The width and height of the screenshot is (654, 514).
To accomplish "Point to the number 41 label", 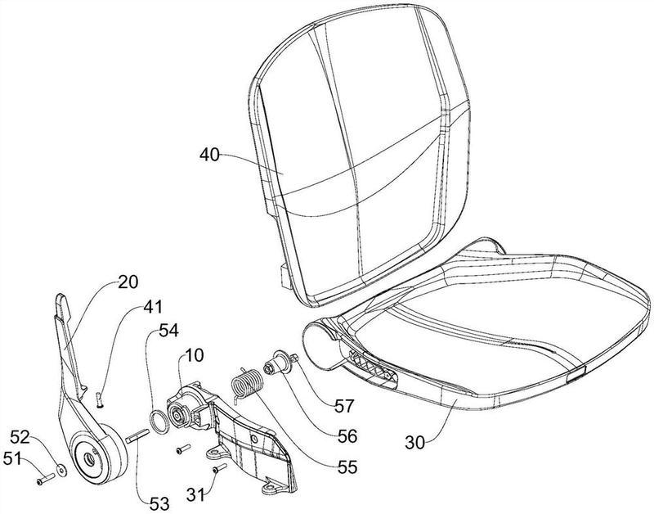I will point(153,308).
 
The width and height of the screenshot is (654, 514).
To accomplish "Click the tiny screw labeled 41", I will point(96,398).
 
